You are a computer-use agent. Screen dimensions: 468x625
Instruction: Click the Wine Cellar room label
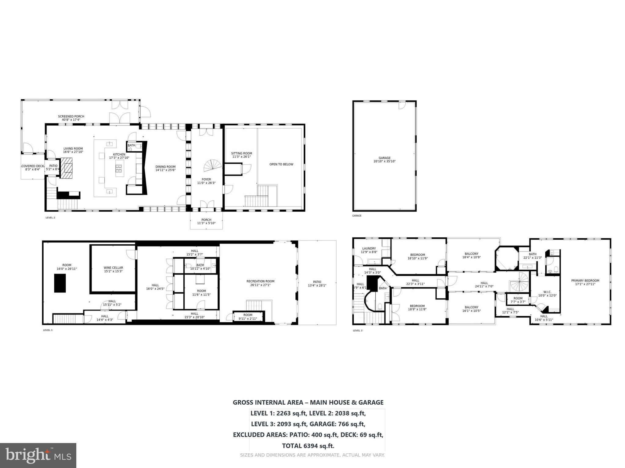point(113,269)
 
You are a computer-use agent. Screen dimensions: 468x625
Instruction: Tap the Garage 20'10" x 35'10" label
point(384,160)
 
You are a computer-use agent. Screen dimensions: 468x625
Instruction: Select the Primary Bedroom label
point(585,282)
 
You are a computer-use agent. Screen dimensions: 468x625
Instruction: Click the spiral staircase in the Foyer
point(213,165)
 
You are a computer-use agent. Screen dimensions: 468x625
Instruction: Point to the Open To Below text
point(281,164)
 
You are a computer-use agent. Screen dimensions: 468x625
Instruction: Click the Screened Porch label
point(71,118)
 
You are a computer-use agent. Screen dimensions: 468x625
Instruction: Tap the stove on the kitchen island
point(119,168)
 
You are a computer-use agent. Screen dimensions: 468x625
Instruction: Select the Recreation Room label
point(260,283)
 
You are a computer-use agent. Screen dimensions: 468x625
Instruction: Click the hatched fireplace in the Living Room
point(67,168)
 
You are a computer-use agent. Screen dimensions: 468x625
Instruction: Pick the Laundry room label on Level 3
point(369,250)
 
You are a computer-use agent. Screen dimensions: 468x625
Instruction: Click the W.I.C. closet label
point(547,294)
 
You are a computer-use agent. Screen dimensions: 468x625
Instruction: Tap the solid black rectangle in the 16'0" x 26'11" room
point(60,283)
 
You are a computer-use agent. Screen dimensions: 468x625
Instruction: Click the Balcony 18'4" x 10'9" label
point(471,255)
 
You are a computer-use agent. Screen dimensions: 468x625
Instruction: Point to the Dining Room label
point(165,168)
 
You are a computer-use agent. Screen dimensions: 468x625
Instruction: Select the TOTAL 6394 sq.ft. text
point(308,446)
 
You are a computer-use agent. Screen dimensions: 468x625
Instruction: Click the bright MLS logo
point(38,455)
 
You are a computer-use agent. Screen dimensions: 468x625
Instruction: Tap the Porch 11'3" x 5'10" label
point(206,222)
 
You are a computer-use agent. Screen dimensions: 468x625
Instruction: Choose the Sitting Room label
point(241,155)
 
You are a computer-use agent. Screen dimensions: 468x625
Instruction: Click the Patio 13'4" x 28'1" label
point(317,284)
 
